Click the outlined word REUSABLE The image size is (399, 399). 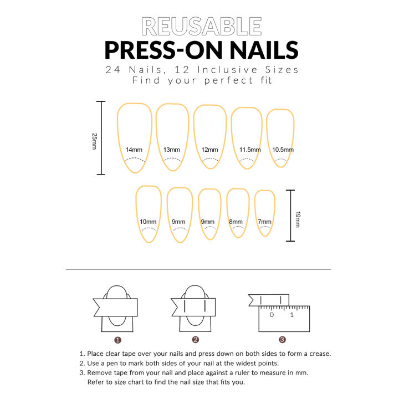point(201,27)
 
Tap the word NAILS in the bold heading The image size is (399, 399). point(254,50)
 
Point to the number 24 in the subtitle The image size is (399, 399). point(114,70)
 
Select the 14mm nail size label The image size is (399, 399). point(134,150)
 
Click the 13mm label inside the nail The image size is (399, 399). point(171,150)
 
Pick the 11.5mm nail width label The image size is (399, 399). point(247,150)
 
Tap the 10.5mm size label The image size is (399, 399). point(282,150)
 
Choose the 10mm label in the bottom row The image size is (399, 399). point(148,222)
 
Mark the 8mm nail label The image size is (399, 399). point(236,222)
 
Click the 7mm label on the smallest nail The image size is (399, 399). point(265,222)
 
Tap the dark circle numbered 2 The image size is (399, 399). point(195,340)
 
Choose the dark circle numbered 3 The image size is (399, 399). point(282,340)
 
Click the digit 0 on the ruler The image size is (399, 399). point(272,315)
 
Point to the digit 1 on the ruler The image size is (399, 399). point(292,315)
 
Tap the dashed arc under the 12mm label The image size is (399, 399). point(209,160)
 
